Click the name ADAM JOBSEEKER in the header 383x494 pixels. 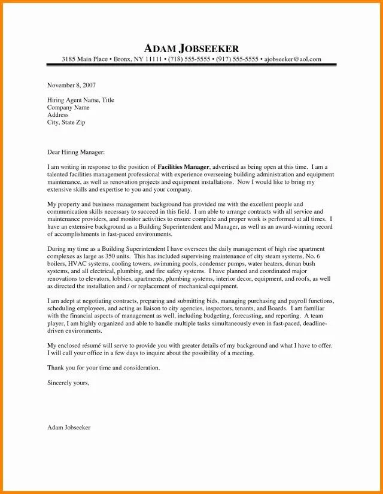pyautogui.click(x=191, y=48)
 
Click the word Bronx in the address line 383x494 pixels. pyautogui.click(x=122, y=59)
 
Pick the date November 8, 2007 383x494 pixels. pyautogui.click(x=71, y=86)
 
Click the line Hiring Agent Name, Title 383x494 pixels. pyautogui.click(x=80, y=100)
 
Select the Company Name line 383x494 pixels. pyautogui.click(x=68, y=107)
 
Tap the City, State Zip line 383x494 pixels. pyautogui.click(x=66, y=122)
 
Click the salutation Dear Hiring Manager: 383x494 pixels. pyautogui.click(x=75, y=153)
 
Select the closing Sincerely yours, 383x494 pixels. pyautogui.click(x=68, y=382)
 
